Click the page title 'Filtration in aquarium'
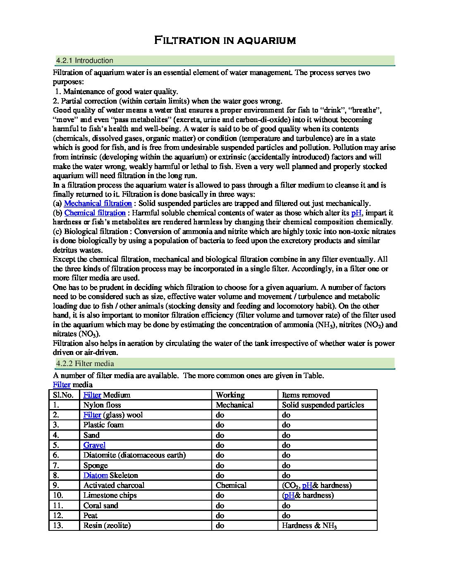point(225,40)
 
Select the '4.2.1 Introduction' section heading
point(84,60)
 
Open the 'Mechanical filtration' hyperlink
point(98,203)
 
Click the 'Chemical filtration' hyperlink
point(95,213)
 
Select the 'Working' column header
point(230,395)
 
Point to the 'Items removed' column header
point(306,395)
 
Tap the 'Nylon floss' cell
point(102,405)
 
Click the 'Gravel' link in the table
point(94,445)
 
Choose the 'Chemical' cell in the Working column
point(231,485)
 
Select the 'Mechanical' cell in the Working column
point(235,405)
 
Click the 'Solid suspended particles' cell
point(323,405)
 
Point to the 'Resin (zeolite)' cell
point(107,525)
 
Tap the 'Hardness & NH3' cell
point(309,525)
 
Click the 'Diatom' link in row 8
point(96,475)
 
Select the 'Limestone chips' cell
point(110,495)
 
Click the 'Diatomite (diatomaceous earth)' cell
point(134,455)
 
